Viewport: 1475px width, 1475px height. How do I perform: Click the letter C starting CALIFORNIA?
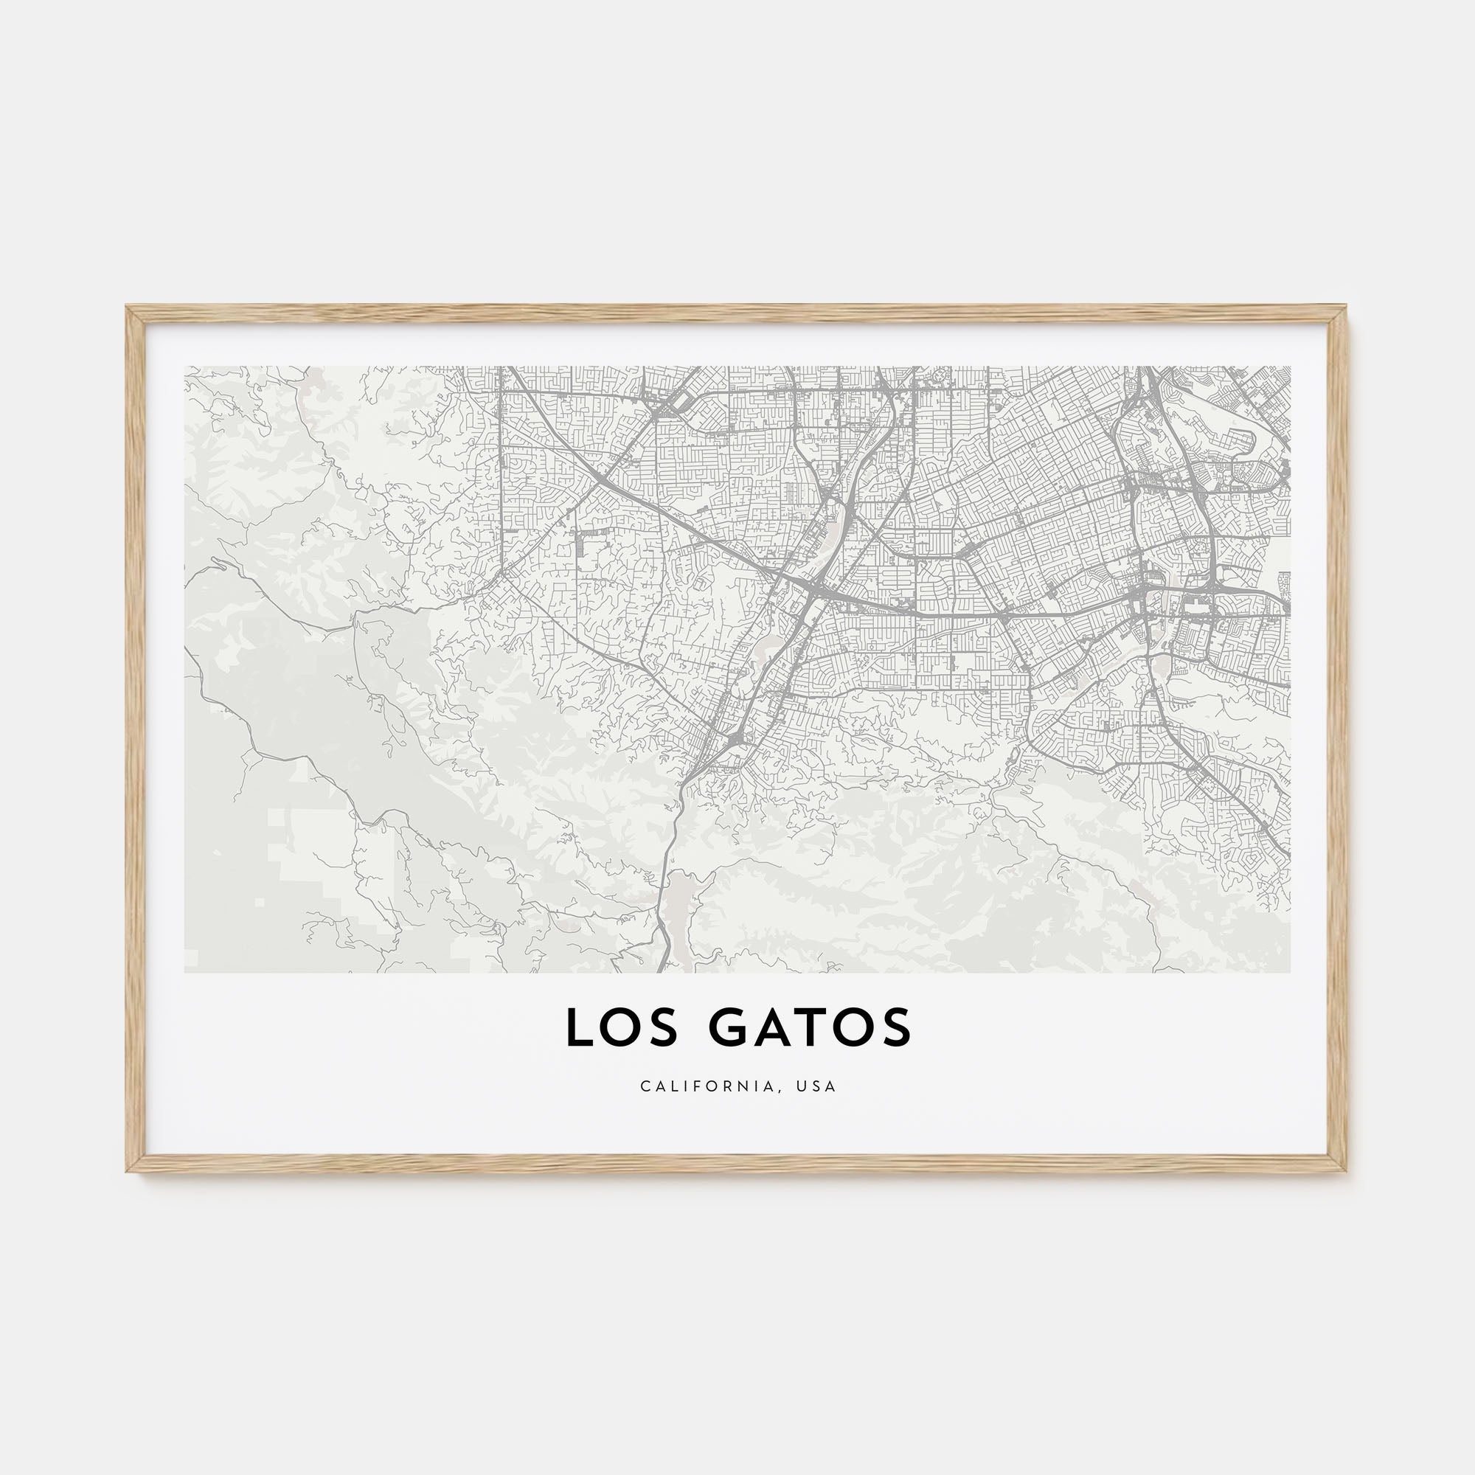645,1086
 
